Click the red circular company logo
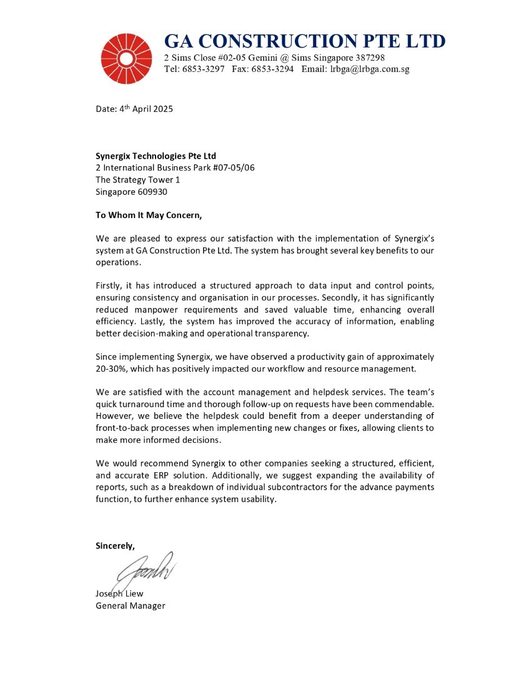click(x=127, y=59)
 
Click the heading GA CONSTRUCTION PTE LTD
click(x=304, y=41)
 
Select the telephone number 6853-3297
click(x=204, y=69)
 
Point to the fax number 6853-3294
click(x=272, y=69)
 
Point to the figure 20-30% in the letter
click(x=112, y=369)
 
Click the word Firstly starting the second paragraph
click(x=110, y=287)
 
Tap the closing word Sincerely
click(x=115, y=545)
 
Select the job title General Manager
click(x=131, y=605)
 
